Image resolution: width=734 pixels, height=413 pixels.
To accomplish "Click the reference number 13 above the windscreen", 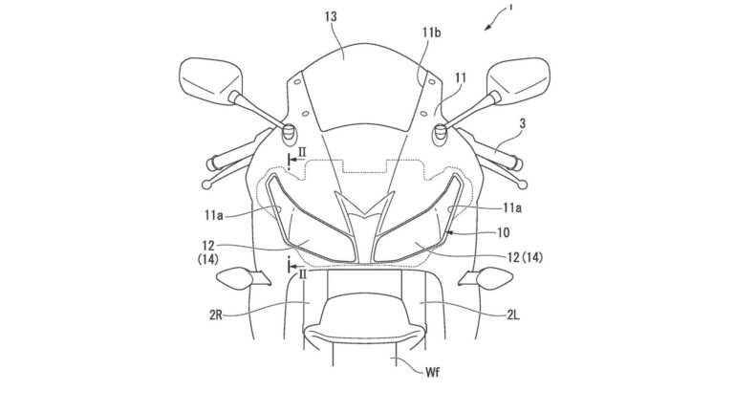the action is (x=331, y=17).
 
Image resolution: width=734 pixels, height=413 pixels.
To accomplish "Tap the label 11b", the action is (x=431, y=33).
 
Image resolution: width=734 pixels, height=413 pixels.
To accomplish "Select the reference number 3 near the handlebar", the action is (x=523, y=123).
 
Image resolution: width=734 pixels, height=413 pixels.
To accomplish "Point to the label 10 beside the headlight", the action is (x=503, y=232).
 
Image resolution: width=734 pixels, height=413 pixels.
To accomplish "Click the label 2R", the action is (x=216, y=315).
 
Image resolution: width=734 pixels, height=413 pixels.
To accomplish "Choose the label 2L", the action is (x=513, y=315).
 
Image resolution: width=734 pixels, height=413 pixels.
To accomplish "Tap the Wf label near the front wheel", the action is (x=433, y=373).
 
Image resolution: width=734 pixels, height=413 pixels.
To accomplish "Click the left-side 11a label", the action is (x=213, y=215).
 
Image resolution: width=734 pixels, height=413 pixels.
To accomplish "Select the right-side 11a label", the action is (x=512, y=208).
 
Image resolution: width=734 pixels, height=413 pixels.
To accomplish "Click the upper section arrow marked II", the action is (x=295, y=161).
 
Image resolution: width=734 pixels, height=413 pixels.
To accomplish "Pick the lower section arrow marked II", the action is (x=295, y=267).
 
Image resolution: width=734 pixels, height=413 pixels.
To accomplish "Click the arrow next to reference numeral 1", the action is (x=492, y=23).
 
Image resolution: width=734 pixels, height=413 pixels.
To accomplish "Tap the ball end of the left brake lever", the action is (x=206, y=185).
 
